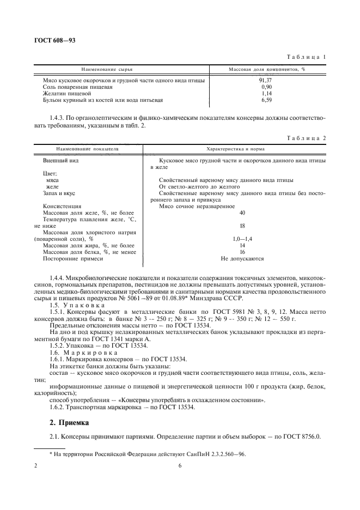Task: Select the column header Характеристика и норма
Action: (234, 148)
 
